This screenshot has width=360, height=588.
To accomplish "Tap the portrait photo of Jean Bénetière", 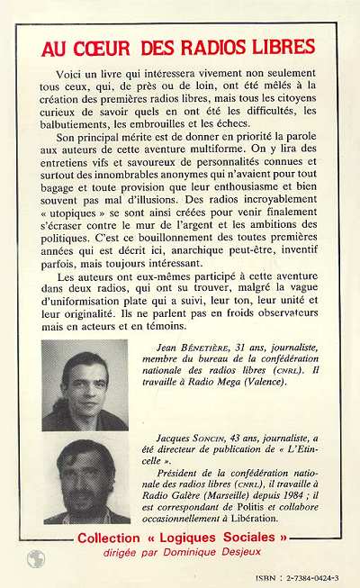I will (85, 384).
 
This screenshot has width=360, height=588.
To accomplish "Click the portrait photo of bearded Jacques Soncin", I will (85, 479).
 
